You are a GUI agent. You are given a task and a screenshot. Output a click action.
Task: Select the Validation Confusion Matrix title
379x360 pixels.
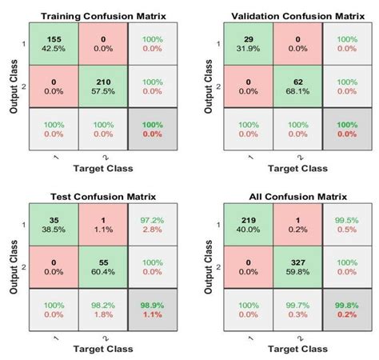click(x=292, y=16)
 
